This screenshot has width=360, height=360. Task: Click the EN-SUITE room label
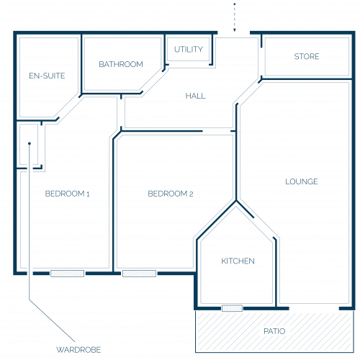point(47,76)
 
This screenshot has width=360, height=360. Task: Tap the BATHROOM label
point(121,64)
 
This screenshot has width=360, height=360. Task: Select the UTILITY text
point(189,50)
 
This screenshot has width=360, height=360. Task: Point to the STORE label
point(307,56)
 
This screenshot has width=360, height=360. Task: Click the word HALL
point(196,96)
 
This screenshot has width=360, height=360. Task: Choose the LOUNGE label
point(302,181)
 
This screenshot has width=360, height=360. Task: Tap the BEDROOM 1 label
point(68,194)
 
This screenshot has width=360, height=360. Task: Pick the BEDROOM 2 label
point(171,194)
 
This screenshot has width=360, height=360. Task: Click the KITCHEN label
point(238,261)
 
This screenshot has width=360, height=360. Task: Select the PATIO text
point(274,331)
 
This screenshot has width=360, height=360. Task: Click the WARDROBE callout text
point(78,350)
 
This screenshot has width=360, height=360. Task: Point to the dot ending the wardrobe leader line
point(30,143)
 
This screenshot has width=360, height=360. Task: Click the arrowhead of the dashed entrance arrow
point(235,30)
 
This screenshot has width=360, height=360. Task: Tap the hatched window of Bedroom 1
point(67,274)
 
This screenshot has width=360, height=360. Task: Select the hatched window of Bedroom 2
point(139,274)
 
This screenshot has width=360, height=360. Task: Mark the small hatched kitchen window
point(232,308)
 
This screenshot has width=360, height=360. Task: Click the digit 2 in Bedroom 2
point(191,194)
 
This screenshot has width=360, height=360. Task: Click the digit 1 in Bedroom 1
point(88,194)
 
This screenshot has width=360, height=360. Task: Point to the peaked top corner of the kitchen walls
point(236,201)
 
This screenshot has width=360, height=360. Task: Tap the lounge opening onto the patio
point(314,308)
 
